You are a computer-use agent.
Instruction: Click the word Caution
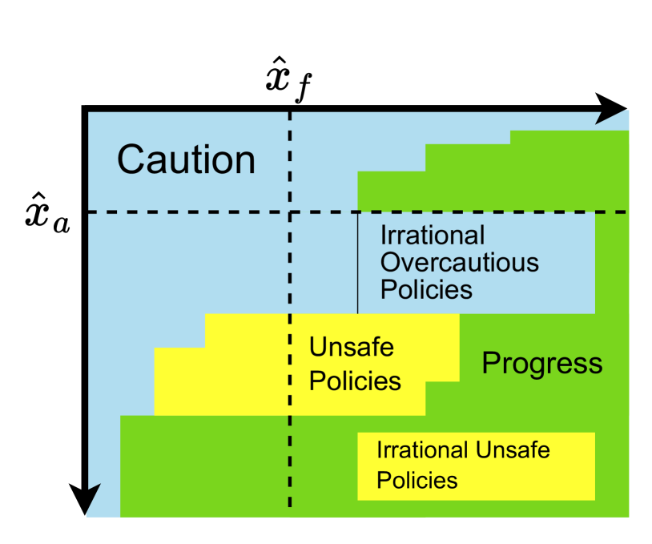point(186,159)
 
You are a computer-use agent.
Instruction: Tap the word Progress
point(541,364)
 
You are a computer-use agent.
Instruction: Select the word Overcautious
point(459,263)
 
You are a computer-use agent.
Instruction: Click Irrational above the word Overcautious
point(433,236)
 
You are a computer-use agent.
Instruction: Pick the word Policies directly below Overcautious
point(426,289)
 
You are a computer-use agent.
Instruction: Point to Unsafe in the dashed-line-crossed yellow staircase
point(351,348)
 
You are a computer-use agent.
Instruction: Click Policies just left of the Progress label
point(355,381)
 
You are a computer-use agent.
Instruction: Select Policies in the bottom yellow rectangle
point(417,480)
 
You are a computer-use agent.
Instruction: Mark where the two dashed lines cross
point(290,212)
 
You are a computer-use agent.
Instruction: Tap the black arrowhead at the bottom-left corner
point(94,501)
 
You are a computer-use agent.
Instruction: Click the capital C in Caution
point(131,159)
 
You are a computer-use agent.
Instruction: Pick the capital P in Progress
point(490,364)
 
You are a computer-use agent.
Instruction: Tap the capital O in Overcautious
point(390,263)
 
